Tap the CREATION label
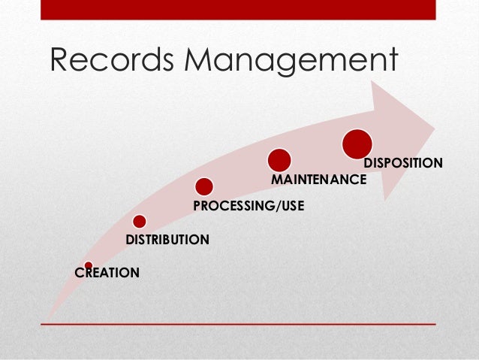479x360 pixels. coord(107,273)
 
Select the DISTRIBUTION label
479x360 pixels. coord(167,240)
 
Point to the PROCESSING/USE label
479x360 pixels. coord(249,204)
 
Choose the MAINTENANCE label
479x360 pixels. coord(318,180)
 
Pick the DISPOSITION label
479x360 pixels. coord(402,162)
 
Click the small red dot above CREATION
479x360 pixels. coord(89,265)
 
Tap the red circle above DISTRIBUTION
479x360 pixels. coord(139,221)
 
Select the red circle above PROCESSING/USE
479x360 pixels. coord(203,186)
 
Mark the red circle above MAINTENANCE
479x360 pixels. coord(279,159)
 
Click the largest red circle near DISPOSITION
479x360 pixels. coord(357,144)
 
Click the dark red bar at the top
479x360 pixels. coord(238,10)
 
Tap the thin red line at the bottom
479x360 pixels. coord(238,324)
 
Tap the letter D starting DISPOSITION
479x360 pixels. coord(368,162)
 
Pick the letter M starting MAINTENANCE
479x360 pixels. coord(276,180)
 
